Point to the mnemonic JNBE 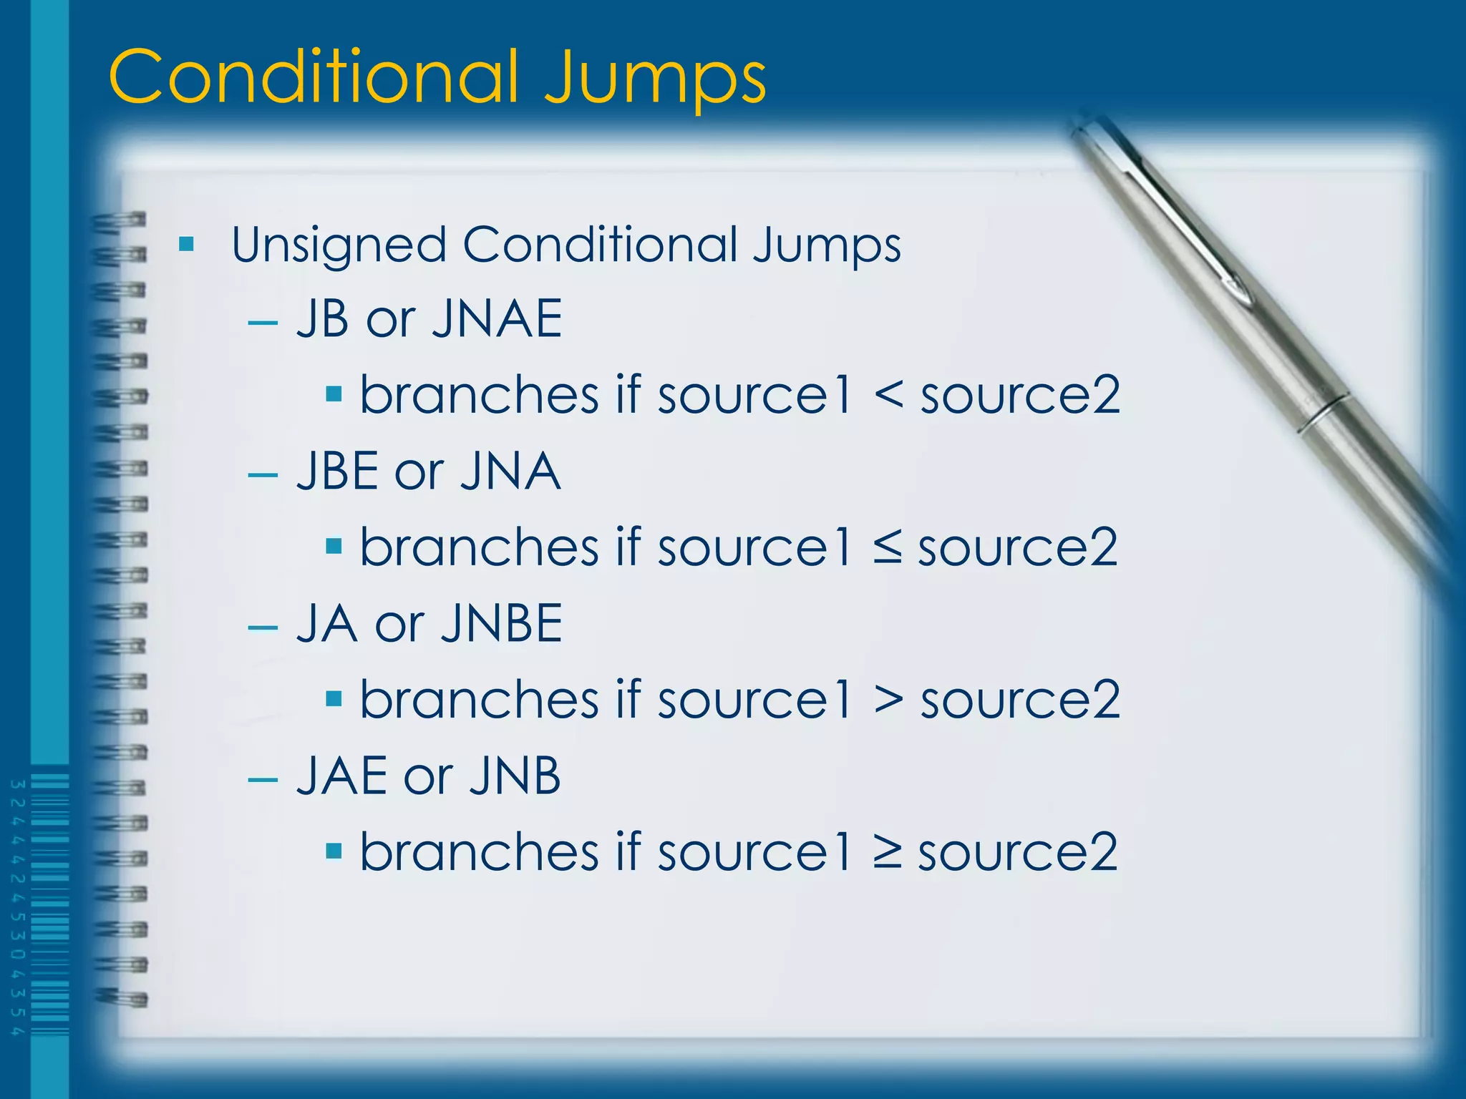tap(502, 623)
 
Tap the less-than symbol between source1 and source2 tap(888, 395)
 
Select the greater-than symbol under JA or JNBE tap(888, 700)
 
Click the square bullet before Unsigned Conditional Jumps tap(187, 245)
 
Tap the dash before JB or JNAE tap(263, 323)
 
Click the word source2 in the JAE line tap(1018, 853)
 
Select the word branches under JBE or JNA tap(479, 547)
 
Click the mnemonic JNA tap(510, 471)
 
